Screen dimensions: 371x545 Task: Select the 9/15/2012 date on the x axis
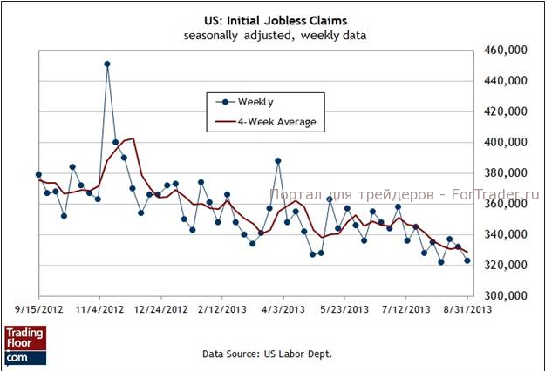[37, 309]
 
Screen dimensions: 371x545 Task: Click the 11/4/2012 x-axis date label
[100, 309]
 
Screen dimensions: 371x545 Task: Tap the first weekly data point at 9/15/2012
[38, 174]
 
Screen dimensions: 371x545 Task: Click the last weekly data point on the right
[467, 260]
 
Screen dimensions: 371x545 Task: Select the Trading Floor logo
[25, 344]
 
